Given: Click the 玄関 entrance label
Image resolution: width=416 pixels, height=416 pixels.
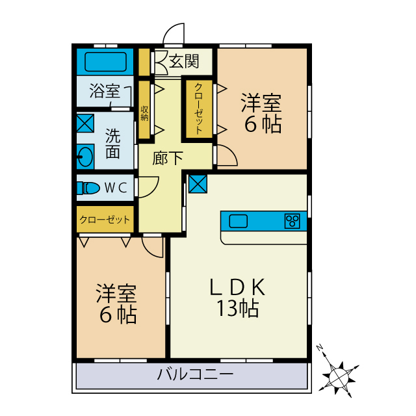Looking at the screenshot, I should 183,62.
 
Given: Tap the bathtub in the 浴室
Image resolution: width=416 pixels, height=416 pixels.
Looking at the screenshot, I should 105,62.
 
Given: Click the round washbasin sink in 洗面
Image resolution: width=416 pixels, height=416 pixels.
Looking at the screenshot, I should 86,156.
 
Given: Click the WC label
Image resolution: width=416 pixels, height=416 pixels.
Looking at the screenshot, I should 116,188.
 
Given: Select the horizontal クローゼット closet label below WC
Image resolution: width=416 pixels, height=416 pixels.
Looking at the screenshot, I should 105,220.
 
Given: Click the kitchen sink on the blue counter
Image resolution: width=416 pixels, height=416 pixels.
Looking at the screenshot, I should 239,221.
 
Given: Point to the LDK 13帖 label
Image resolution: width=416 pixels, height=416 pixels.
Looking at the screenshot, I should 238,297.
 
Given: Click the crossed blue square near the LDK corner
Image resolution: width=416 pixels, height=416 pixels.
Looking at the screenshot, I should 198,184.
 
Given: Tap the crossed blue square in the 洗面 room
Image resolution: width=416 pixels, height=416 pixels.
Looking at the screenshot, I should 85,123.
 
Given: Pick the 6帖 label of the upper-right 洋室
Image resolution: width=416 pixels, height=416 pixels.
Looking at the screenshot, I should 263,124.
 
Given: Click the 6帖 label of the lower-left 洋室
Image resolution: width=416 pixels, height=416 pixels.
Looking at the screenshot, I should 118,315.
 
